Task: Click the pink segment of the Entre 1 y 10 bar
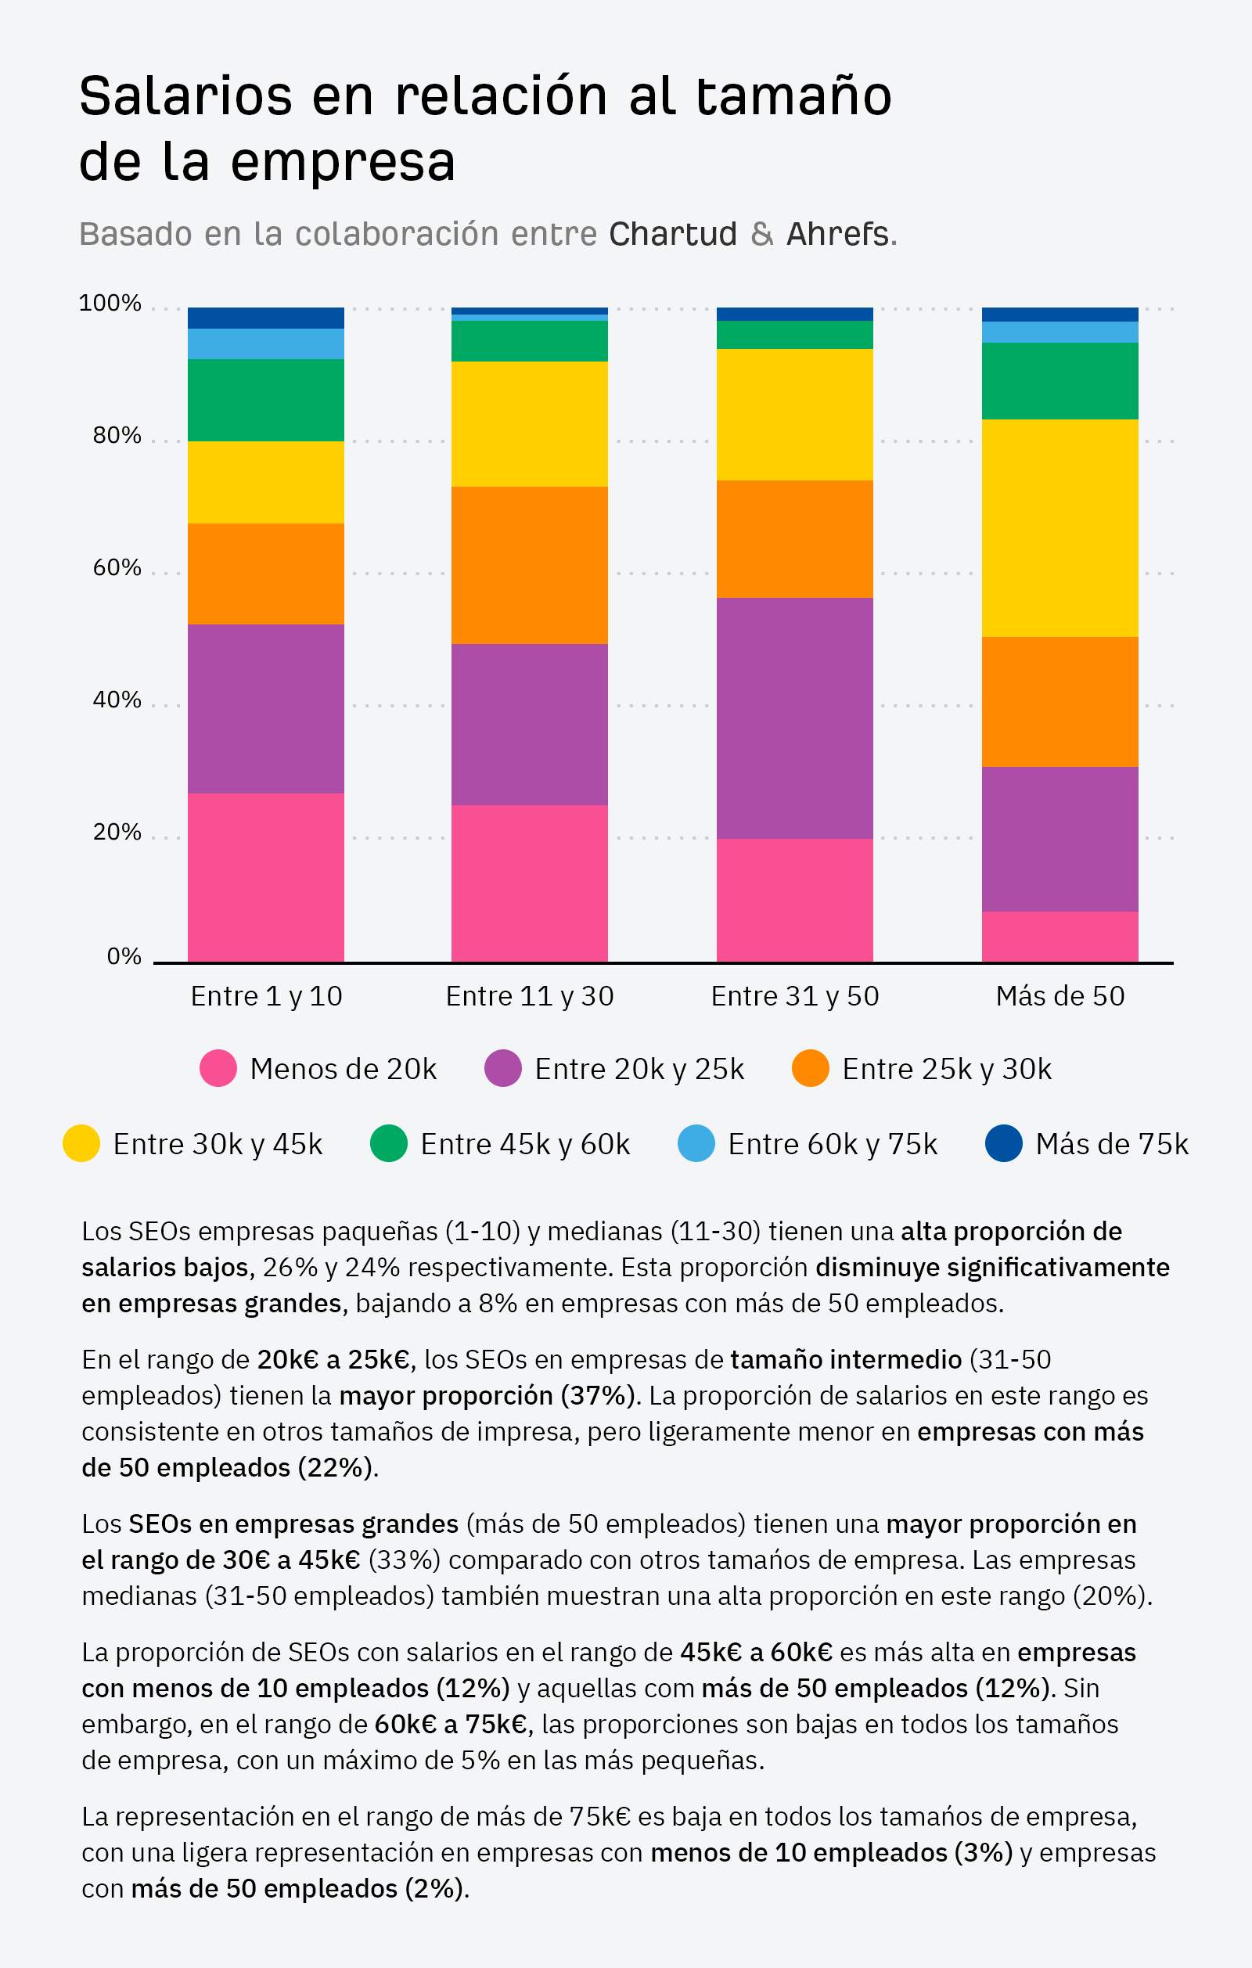click(x=265, y=877)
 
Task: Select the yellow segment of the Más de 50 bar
click(x=1060, y=528)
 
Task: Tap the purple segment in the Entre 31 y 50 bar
click(x=794, y=718)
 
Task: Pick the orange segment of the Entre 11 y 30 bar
click(x=530, y=565)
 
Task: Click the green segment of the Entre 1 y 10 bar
click(x=265, y=400)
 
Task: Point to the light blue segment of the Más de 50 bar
click(x=1060, y=332)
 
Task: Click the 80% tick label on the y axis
click(x=117, y=436)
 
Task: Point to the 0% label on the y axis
click(x=124, y=957)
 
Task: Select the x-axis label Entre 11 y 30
click(x=530, y=996)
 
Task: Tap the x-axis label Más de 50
click(x=1060, y=996)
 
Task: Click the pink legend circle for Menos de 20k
click(x=218, y=1068)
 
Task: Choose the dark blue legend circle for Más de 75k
click(x=1004, y=1143)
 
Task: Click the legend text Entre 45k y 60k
click(x=524, y=1144)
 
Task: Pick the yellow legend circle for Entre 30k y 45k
click(x=81, y=1143)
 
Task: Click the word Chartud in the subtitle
click(x=673, y=235)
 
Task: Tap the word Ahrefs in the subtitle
click(x=836, y=235)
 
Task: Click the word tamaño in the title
click(x=793, y=96)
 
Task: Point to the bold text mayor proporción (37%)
click(x=487, y=1395)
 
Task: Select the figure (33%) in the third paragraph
click(x=405, y=1560)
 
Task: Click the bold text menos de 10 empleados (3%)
click(x=831, y=1852)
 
